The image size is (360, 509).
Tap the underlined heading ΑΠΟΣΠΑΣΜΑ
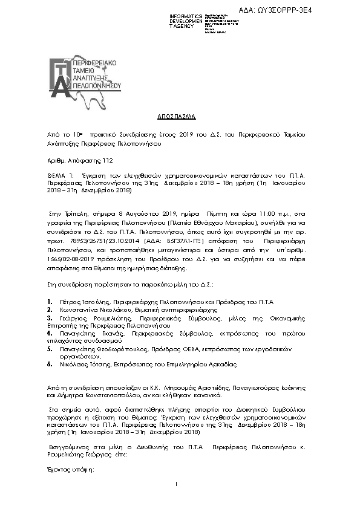180,115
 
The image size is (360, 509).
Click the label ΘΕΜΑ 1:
59,174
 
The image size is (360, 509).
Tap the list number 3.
48,316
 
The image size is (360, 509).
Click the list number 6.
48,365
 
